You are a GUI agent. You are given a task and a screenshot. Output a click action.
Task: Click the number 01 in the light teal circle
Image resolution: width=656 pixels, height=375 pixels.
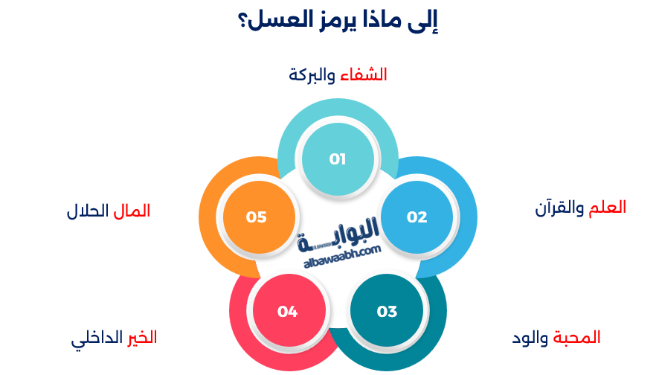(x=338, y=158)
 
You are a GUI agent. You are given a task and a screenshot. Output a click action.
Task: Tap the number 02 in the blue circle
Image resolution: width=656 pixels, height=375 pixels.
(x=417, y=217)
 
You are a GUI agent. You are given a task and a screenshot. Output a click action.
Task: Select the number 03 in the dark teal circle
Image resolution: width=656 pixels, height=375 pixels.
(x=387, y=311)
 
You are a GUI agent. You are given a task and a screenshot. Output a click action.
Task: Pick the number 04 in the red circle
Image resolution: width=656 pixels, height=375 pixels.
(x=287, y=311)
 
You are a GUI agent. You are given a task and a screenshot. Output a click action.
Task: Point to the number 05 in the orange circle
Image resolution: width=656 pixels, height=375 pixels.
(x=257, y=217)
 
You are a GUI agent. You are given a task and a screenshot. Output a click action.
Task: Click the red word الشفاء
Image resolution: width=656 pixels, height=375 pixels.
(x=364, y=74)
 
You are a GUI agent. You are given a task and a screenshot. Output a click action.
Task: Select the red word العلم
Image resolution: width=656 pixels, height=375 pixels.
(x=607, y=208)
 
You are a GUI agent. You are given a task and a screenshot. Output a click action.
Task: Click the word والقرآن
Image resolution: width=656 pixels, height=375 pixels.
(x=559, y=208)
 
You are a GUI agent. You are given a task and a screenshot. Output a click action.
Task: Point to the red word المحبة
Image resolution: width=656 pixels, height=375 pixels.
(x=576, y=338)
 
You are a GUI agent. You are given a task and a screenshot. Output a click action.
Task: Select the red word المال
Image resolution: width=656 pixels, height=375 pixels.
(x=132, y=211)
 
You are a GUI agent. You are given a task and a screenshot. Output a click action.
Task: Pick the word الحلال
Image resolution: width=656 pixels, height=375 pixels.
(x=88, y=211)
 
